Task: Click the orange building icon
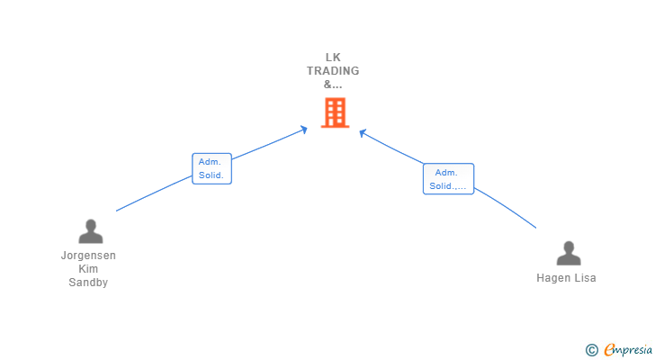[x=334, y=112]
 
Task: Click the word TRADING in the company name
[x=333, y=71]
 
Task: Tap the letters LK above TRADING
[x=333, y=58]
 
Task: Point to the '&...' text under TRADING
[x=333, y=85]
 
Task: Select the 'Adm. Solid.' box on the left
[x=211, y=168]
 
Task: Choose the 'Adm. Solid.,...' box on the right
[x=448, y=179]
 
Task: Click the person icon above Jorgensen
[x=90, y=231]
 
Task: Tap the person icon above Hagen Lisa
[x=568, y=254]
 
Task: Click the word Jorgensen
[x=88, y=256]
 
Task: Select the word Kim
[x=88, y=269]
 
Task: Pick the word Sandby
[x=88, y=283]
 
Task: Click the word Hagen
[x=553, y=278]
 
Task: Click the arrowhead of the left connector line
[x=304, y=130]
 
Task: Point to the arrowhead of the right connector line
[x=362, y=133]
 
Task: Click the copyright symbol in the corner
[x=591, y=350]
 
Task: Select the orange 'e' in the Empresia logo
[x=609, y=350]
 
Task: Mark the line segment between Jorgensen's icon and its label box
[x=153, y=194]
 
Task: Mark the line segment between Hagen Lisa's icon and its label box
[x=506, y=207]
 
